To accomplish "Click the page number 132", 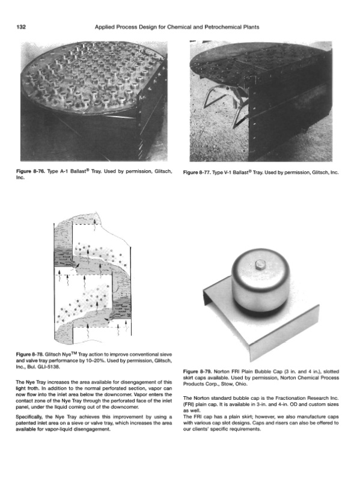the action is pos(21,27).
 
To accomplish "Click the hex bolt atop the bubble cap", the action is pos(260,263).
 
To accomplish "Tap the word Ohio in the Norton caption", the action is pos(242,384).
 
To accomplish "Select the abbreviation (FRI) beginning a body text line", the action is pos(189,404).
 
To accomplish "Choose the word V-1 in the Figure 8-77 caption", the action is pos(228,173).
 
